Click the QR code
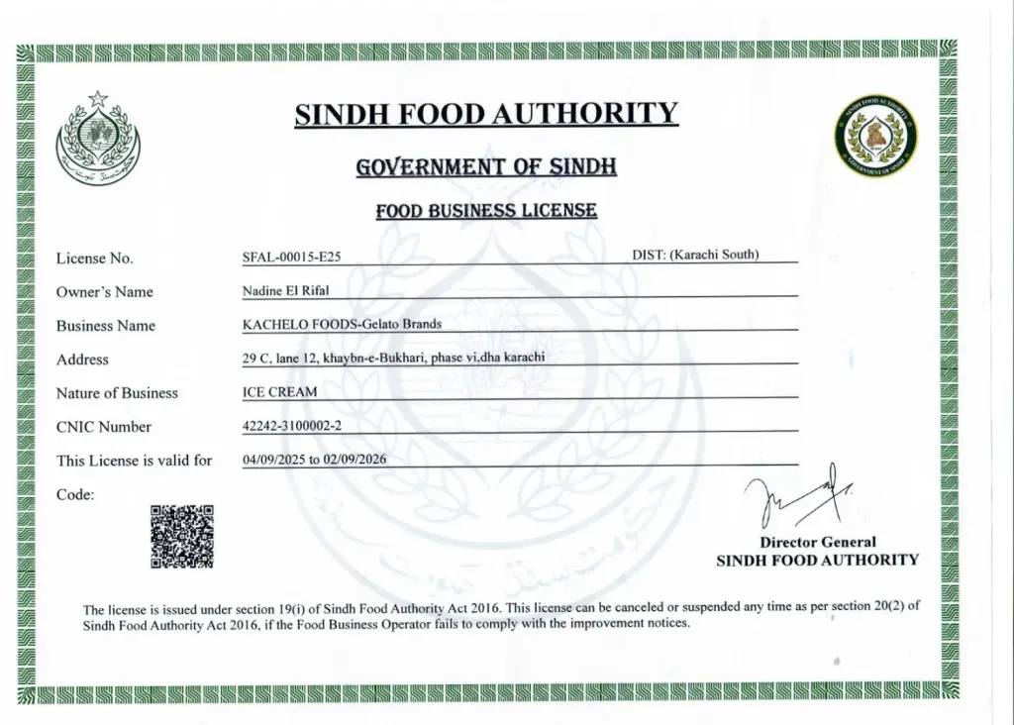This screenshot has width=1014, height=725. [x=181, y=537]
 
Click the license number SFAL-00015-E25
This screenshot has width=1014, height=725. [x=291, y=258]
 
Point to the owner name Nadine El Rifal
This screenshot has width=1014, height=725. [x=287, y=291]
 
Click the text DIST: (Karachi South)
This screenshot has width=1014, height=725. [x=695, y=255]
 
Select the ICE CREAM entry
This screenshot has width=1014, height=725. [x=280, y=392]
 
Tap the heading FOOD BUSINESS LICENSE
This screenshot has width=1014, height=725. [x=486, y=210]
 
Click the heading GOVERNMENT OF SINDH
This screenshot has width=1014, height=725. [x=486, y=166]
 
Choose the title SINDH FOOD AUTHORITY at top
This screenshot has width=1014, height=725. [x=486, y=115]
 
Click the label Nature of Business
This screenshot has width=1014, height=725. [x=117, y=393]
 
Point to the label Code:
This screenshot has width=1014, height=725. [x=75, y=494]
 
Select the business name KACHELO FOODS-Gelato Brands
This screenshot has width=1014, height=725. [x=342, y=324]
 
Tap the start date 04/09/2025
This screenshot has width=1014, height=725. [x=274, y=460]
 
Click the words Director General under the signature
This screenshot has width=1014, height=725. [x=817, y=542]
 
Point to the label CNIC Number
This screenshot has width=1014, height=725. [x=104, y=427]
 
